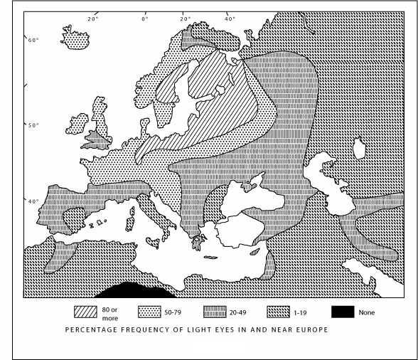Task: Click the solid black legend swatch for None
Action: click(343, 312)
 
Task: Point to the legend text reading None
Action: click(366, 312)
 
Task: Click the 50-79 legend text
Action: click(173, 312)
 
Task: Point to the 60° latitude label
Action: click(33, 41)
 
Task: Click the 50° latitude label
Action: click(33, 125)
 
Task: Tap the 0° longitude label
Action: click(145, 18)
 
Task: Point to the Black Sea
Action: click(246, 200)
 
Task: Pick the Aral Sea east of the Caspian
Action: click(360, 149)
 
